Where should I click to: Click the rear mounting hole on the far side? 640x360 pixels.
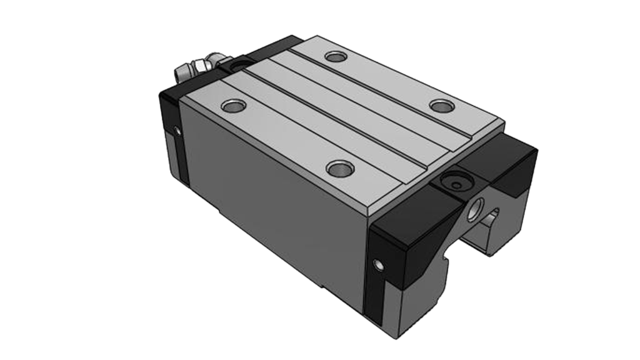point(336,57)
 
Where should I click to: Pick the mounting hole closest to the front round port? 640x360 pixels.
point(441,104)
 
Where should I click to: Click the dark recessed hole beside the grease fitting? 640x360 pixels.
point(239,65)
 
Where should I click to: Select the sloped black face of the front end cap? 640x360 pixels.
point(412,237)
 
